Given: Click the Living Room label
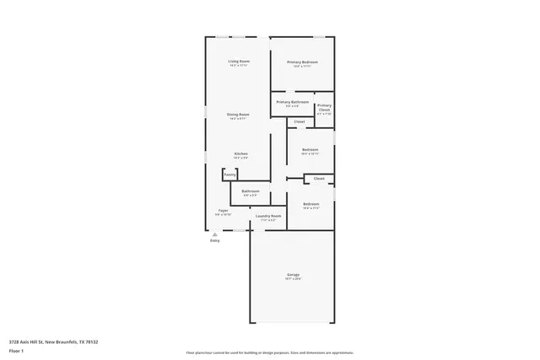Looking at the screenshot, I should [x=239, y=62].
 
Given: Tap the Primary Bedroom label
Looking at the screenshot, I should [x=302, y=62].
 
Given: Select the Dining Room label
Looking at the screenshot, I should [x=238, y=114].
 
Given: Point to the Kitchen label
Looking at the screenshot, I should [x=240, y=153].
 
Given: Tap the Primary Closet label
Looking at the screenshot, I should [x=324, y=108].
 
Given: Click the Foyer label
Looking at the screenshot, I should [x=224, y=210].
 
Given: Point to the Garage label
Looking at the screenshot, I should [x=293, y=275].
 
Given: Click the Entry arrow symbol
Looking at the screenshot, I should [x=214, y=235].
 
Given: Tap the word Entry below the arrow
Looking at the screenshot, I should [x=214, y=242].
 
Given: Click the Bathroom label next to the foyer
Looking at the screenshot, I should [x=251, y=191].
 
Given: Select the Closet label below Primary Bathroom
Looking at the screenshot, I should [x=300, y=122].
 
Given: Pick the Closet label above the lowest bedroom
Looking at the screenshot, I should [x=319, y=179].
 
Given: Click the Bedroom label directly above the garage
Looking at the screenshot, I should [x=310, y=204].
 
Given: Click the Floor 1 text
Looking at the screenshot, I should [x=16, y=352].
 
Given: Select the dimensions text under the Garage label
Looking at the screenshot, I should [x=293, y=280].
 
